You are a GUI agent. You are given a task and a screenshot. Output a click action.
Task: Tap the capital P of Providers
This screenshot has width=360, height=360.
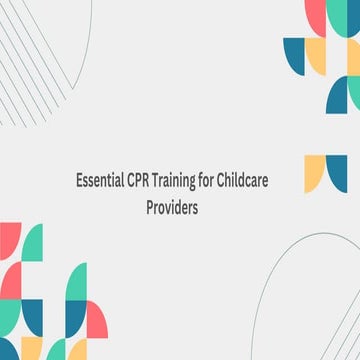point(151,211)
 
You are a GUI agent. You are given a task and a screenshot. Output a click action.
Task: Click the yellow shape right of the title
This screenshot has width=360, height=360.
point(315,172)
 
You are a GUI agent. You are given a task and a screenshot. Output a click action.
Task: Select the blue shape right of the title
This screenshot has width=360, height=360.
point(337,172)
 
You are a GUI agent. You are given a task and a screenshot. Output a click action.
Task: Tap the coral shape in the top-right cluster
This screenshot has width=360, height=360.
point(315,16)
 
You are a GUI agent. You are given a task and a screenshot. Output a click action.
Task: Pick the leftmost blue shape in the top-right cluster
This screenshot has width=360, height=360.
point(294,56)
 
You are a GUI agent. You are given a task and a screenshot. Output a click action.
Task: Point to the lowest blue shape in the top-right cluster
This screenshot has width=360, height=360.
point(336,96)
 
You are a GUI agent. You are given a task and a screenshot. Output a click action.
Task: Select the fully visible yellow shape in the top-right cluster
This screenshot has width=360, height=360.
point(316,56)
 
